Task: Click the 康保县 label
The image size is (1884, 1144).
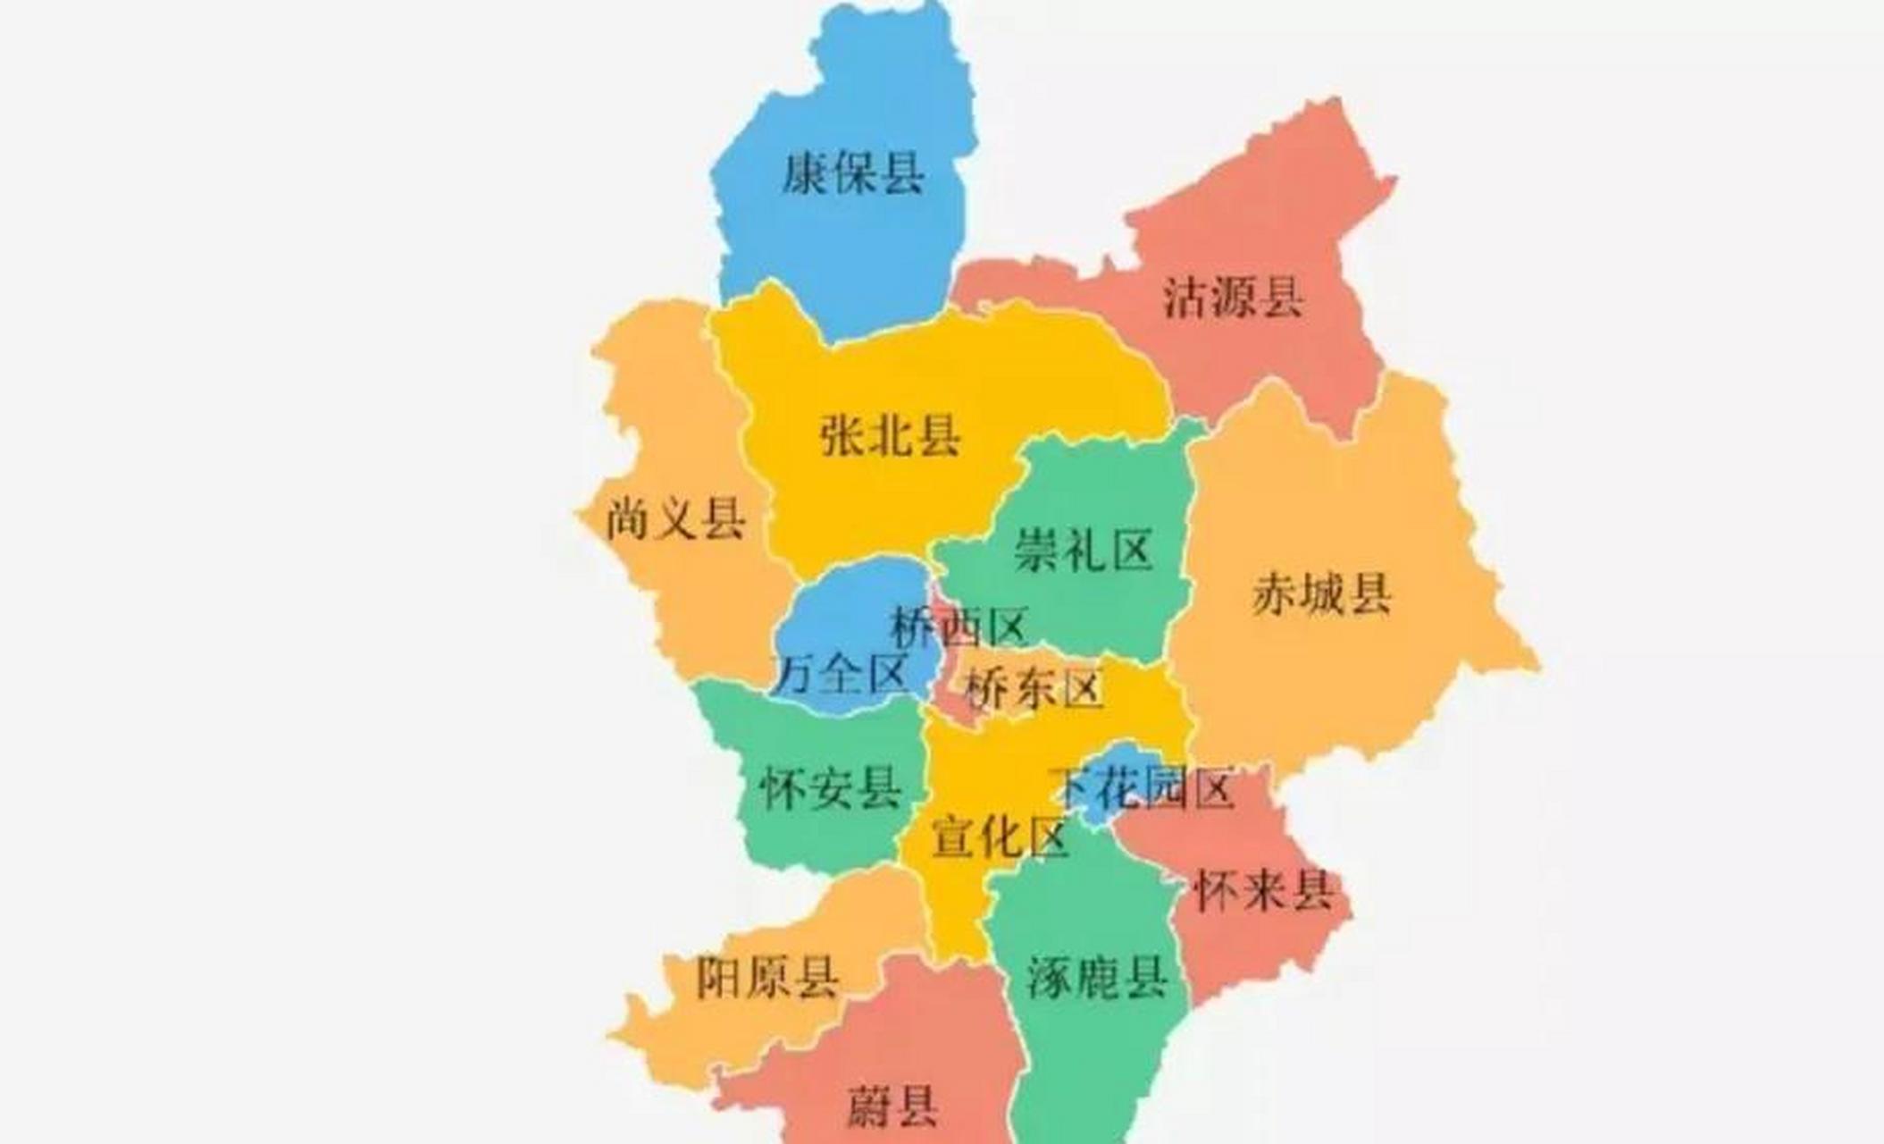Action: [853, 172]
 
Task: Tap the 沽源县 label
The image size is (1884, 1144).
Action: [1232, 298]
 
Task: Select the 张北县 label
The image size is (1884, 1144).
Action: [890, 437]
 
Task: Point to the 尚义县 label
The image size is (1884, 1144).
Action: [675, 518]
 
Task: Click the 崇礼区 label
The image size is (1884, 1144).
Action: [1083, 549]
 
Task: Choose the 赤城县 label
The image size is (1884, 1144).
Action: [1321, 593]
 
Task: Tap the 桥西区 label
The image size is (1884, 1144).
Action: [959, 627]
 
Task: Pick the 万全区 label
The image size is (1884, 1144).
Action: [842, 673]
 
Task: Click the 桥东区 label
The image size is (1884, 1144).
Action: [1034, 689]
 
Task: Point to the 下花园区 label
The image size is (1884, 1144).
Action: [1143, 787]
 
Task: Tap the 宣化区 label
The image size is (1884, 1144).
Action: [1000, 838]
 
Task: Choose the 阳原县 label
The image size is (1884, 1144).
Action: [767, 977]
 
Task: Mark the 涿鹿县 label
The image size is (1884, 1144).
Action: [1097, 977]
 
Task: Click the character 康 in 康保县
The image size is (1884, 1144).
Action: [806, 172]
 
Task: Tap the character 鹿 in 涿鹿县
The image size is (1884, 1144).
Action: [1097, 977]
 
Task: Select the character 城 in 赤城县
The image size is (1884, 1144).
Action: [1321, 593]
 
